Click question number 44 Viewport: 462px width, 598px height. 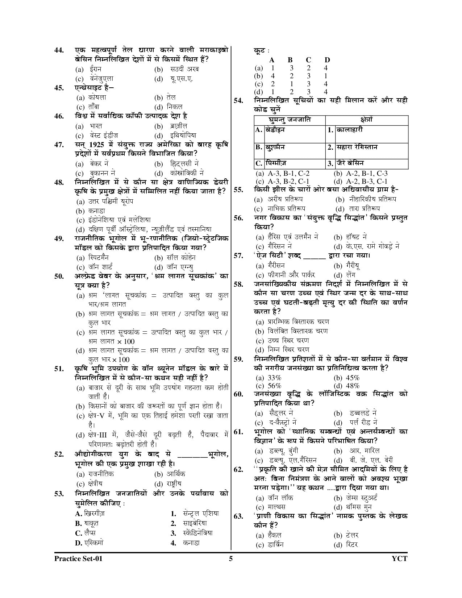(x=59, y=50)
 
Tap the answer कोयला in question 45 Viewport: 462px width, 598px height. (x=97, y=97)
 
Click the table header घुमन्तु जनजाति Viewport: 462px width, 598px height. (x=290, y=120)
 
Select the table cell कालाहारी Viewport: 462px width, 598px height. (x=349, y=129)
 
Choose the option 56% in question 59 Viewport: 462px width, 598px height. (x=274, y=386)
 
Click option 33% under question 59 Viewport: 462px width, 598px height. (x=274, y=378)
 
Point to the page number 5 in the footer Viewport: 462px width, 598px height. (x=231, y=558)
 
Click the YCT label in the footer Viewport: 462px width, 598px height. (x=400, y=558)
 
